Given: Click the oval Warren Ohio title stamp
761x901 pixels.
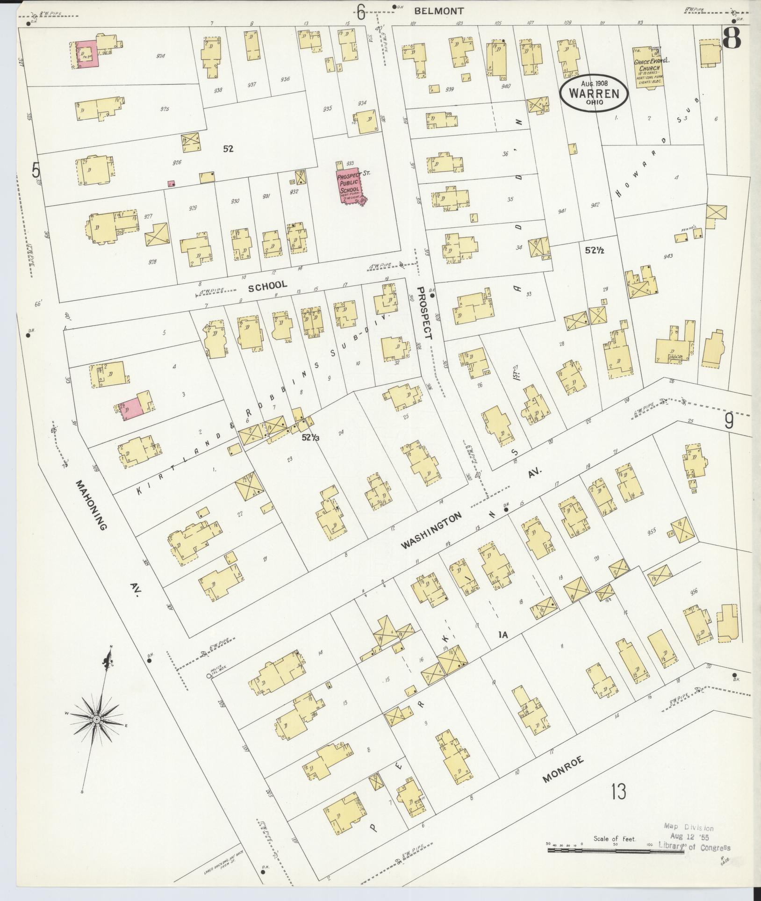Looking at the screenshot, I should pyautogui.click(x=594, y=94).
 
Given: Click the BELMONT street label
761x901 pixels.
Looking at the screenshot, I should pyautogui.click(x=434, y=10).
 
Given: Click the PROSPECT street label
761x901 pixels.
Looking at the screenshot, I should pyautogui.click(x=424, y=313).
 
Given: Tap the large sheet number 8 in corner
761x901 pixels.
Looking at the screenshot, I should pyautogui.click(x=732, y=39).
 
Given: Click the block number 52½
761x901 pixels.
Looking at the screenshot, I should pyautogui.click(x=595, y=250).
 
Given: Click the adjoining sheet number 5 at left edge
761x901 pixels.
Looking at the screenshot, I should pyautogui.click(x=36, y=170).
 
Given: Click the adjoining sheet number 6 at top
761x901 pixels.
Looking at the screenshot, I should pyautogui.click(x=361, y=13).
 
